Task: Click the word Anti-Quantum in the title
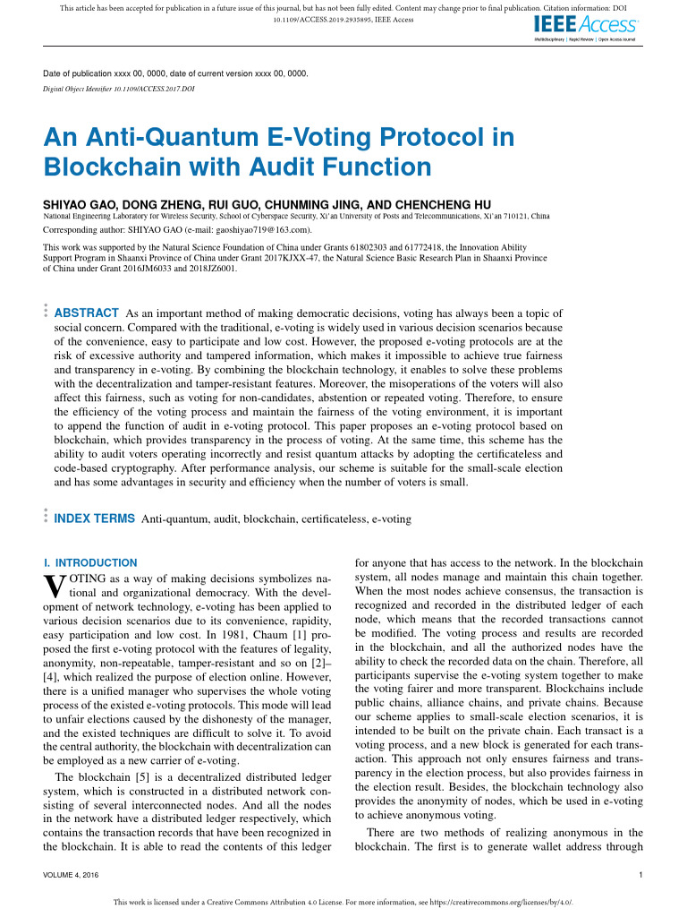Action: point(165,138)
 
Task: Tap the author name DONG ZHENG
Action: point(155,204)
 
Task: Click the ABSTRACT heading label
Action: point(87,313)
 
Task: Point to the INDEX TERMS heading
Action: point(95,518)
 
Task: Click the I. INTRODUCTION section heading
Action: point(90,563)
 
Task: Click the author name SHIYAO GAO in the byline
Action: point(81,204)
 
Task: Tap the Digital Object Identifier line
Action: point(119,90)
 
